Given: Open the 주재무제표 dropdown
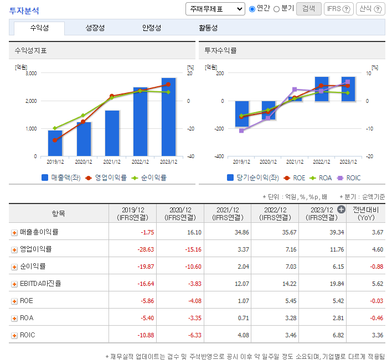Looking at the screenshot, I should pos(215,9).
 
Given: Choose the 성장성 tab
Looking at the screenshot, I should pos(95,28).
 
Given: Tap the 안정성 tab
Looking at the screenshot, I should pos(152,28).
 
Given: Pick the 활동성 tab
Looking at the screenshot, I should pos(208,28).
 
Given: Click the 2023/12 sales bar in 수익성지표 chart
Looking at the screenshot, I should pos(168,117).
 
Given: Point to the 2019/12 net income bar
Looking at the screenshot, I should pos(241,114).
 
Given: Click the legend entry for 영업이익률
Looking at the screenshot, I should pos(106,178).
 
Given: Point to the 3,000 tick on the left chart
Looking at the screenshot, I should pos(30,73).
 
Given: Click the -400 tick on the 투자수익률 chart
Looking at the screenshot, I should pos(218,156).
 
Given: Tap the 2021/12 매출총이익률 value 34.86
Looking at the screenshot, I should pos(239,232).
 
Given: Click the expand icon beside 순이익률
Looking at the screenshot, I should pos(14,267).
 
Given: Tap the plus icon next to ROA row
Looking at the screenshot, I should pos(14,318).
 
